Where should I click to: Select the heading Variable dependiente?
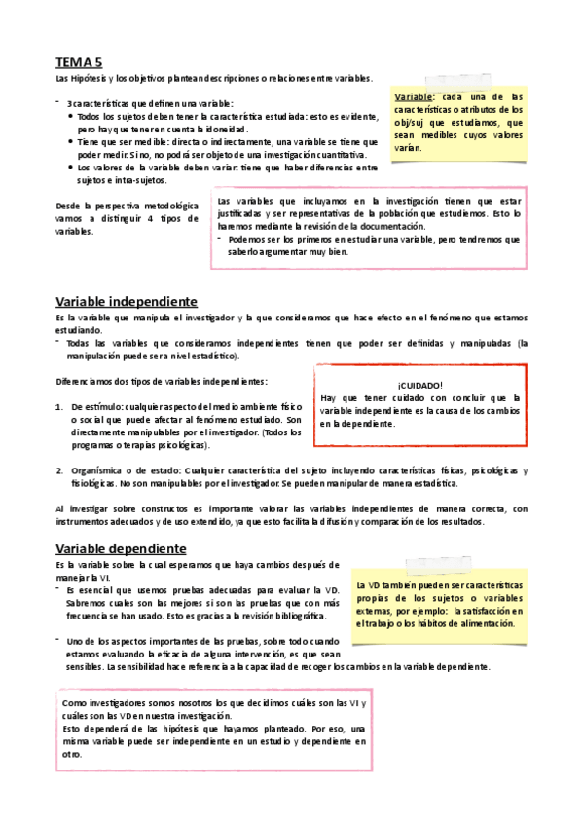click(x=121, y=548)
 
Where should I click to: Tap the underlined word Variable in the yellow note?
click(x=414, y=97)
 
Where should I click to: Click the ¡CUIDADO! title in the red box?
click(x=420, y=385)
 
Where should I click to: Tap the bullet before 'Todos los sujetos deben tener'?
click(x=70, y=117)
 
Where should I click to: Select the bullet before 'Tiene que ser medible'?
click(x=70, y=142)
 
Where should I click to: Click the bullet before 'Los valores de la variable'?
click(x=70, y=168)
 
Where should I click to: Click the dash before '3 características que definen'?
click(x=58, y=103)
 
